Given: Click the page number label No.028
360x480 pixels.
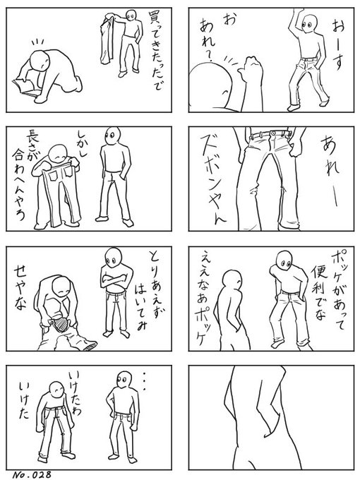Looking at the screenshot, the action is (x=32, y=475).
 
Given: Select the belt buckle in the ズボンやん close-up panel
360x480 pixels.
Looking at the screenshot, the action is (x=272, y=133).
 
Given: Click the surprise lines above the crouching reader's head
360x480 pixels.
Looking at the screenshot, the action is (x=38, y=42).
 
